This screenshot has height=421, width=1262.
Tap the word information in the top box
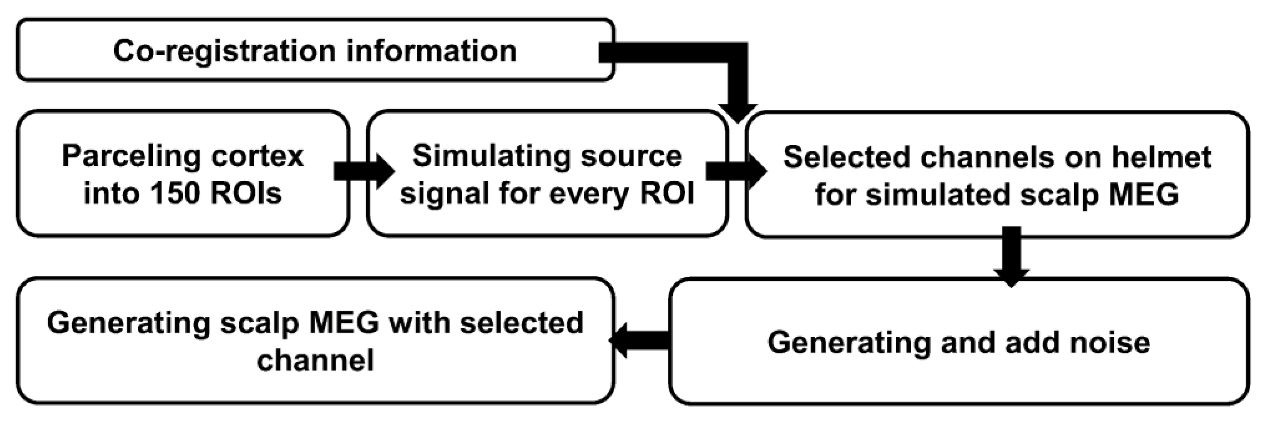[431, 51]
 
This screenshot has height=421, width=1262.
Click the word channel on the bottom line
[315, 360]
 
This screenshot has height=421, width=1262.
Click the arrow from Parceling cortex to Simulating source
[363, 171]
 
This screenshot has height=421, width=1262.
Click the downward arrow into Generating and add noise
[1011, 257]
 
